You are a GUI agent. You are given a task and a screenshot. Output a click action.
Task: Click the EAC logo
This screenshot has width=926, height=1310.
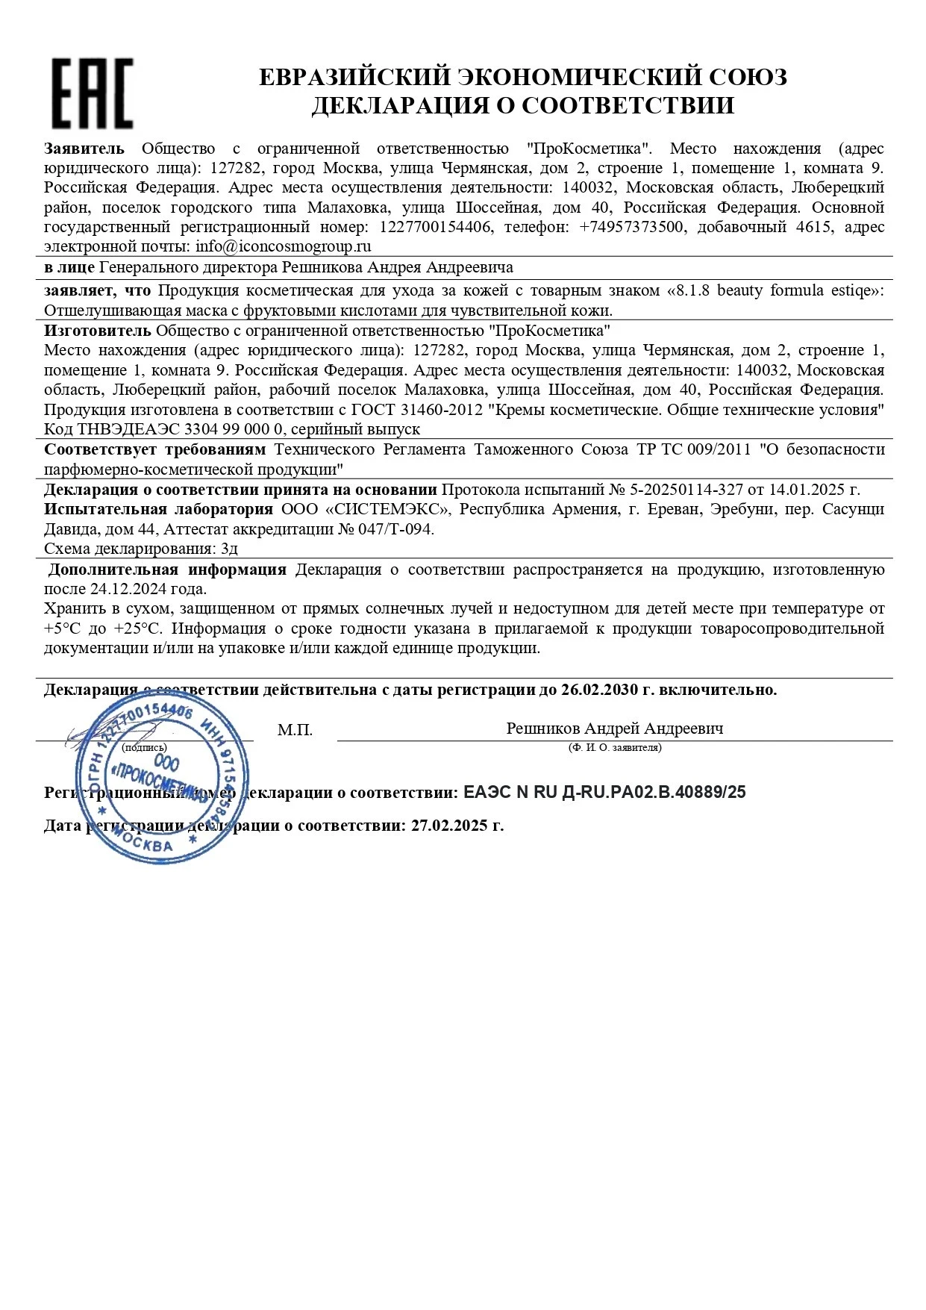point(92,93)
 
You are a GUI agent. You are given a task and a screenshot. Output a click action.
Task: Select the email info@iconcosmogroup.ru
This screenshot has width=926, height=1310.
point(283,246)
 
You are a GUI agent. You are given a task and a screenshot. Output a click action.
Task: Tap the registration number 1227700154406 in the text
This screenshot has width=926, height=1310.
point(435,227)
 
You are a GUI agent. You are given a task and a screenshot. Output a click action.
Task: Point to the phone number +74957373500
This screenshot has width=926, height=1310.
point(631,227)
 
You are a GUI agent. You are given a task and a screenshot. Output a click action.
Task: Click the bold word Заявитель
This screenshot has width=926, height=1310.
point(84,149)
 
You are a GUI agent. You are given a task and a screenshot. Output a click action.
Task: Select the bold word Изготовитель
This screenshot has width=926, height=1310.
point(97,330)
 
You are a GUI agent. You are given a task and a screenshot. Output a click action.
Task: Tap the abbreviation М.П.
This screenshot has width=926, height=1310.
point(295,730)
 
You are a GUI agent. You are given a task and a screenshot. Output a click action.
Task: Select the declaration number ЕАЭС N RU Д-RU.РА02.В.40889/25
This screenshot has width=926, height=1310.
point(604,793)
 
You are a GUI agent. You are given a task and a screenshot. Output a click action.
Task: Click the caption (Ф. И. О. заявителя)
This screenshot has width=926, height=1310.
point(614,747)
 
